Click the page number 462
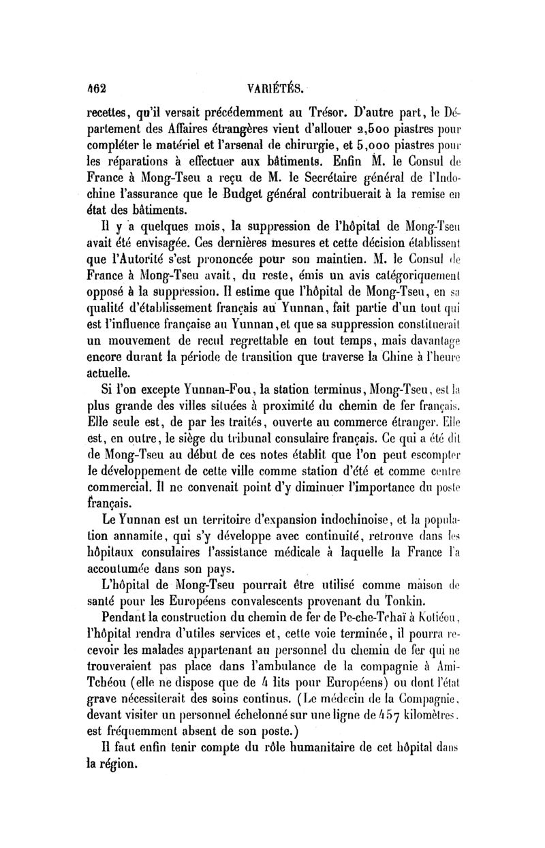95,87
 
